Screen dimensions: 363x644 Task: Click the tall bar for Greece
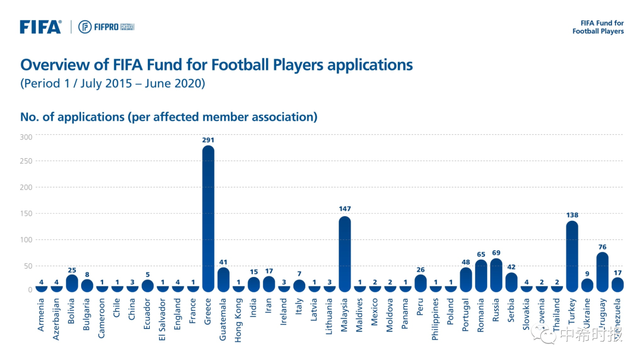[208, 218]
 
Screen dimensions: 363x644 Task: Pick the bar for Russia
[496, 275]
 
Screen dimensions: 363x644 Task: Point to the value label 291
[208, 140]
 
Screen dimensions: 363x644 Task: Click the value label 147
[345, 209]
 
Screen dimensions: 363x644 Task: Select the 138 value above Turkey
[572, 215]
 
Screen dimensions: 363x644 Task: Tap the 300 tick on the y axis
[26, 137]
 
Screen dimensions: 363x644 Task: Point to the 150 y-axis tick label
[26, 213]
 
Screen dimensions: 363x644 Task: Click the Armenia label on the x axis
[41, 316]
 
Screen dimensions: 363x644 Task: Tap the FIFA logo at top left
[41, 27]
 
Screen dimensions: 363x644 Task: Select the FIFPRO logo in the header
[106, 27]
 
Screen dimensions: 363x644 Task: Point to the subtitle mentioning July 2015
[113, 84]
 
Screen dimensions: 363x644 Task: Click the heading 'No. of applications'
[72, 117]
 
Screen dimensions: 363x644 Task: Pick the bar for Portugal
[466, 279]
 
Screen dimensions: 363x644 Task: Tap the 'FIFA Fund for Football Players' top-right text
[598, 27]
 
